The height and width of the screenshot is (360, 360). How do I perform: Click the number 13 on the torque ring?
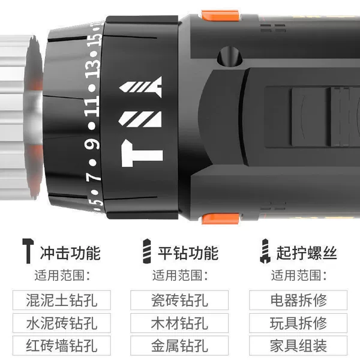point(93,67)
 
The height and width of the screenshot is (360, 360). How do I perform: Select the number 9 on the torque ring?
point(92,144)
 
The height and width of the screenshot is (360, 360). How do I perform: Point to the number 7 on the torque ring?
point(94,176)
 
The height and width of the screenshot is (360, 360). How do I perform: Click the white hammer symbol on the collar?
point(142,154)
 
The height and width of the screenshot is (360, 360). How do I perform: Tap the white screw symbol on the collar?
point(140,87)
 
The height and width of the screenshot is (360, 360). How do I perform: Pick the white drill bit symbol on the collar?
point(139,119)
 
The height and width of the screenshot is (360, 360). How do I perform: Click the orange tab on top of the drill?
point(220,16)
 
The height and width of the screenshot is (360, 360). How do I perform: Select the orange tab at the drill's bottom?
point(220,219)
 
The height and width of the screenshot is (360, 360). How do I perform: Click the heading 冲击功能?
point(70,253)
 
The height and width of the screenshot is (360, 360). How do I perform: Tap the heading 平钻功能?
point(188,253)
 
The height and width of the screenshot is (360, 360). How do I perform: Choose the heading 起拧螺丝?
point(307,253)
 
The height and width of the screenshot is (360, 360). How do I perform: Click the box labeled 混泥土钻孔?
point(62,300)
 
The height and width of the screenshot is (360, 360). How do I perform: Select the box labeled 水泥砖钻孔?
point(62,323)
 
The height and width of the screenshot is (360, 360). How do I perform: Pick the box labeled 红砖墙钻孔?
point(62,346)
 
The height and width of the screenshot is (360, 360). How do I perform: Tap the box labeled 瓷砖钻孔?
point(179,300)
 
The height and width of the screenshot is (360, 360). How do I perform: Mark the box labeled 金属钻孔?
point(179,346)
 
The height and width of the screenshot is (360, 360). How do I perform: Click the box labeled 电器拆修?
point(298,300)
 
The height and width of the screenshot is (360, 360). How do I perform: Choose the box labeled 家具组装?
point(298,346)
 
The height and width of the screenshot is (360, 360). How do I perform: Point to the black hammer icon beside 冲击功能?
point(28,251)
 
